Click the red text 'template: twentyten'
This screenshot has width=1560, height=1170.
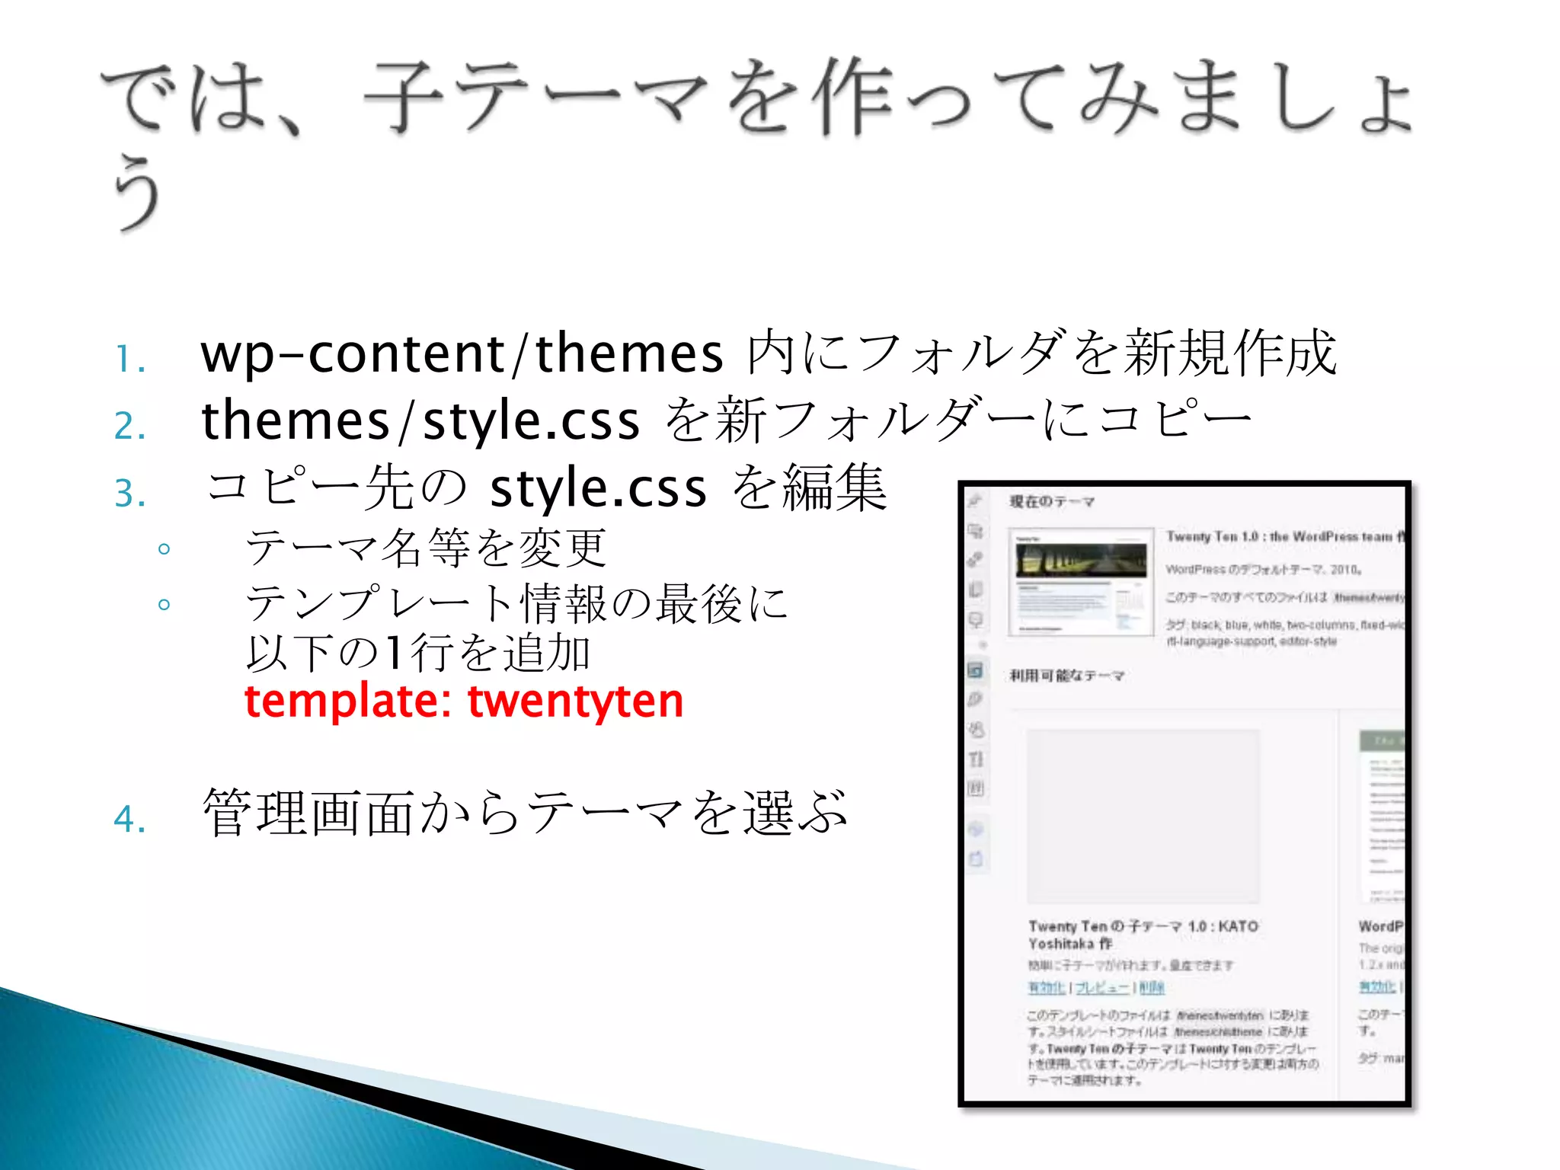pos(463,701)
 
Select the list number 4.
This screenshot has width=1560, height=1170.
pos(129,820)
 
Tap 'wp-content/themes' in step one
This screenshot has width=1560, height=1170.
pos(462,353)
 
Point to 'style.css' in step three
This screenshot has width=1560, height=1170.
pos(598,489)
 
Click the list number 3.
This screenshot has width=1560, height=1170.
pos(129,493)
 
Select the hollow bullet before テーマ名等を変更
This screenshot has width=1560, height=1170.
pos(164,548)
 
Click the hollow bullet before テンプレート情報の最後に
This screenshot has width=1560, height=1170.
pos(164,605)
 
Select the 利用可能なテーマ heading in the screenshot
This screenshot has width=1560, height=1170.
pos(1066,676)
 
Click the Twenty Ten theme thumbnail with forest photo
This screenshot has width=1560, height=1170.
pos(1081,582)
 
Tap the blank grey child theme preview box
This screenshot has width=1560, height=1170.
pos(1143,816)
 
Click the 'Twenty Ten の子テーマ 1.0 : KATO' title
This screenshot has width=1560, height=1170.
pos(1143,926)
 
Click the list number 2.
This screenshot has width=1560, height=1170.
pos(129,426)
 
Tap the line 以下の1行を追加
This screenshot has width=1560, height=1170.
pos(417,654)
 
